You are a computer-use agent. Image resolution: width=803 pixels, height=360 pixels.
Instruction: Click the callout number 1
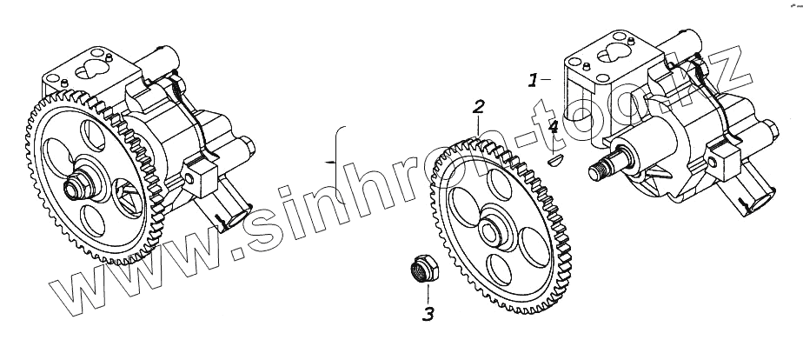(x=533, y=80)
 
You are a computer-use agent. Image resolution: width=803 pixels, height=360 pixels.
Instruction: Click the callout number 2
(x=478, y=107)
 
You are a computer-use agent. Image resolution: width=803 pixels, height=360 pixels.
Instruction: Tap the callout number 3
(x=428, y=314)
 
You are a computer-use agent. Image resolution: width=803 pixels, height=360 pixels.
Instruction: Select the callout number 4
(x=553, y=127)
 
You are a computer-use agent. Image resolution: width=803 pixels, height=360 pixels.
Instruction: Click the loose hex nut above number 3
(x=425, y=269)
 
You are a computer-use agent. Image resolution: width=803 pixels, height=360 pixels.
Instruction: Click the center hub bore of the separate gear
(x=490, y=232)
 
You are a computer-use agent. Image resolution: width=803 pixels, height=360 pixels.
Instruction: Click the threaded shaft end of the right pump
(x=597, y=171)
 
